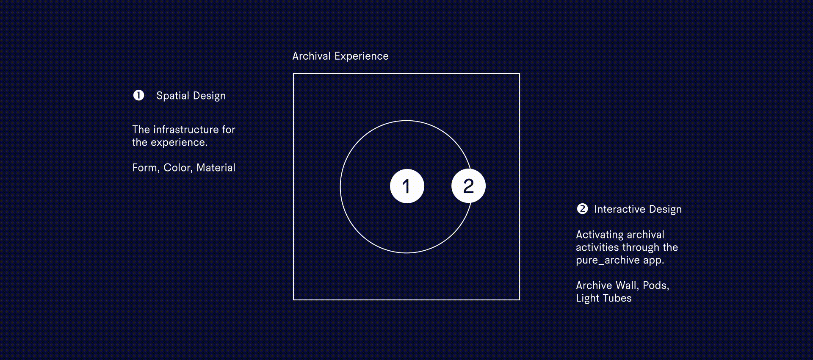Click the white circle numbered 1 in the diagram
pos(407,186)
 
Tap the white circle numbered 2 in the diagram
pos(468,186)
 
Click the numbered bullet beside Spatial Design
pos(138,95)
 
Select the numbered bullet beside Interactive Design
pos(582,209)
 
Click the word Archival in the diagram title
pos(311,56)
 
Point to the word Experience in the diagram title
pos(361,56)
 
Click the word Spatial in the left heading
pos(173,96)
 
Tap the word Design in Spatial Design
pos(209,96)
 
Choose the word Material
pos(216,168)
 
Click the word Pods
pos(656,286)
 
